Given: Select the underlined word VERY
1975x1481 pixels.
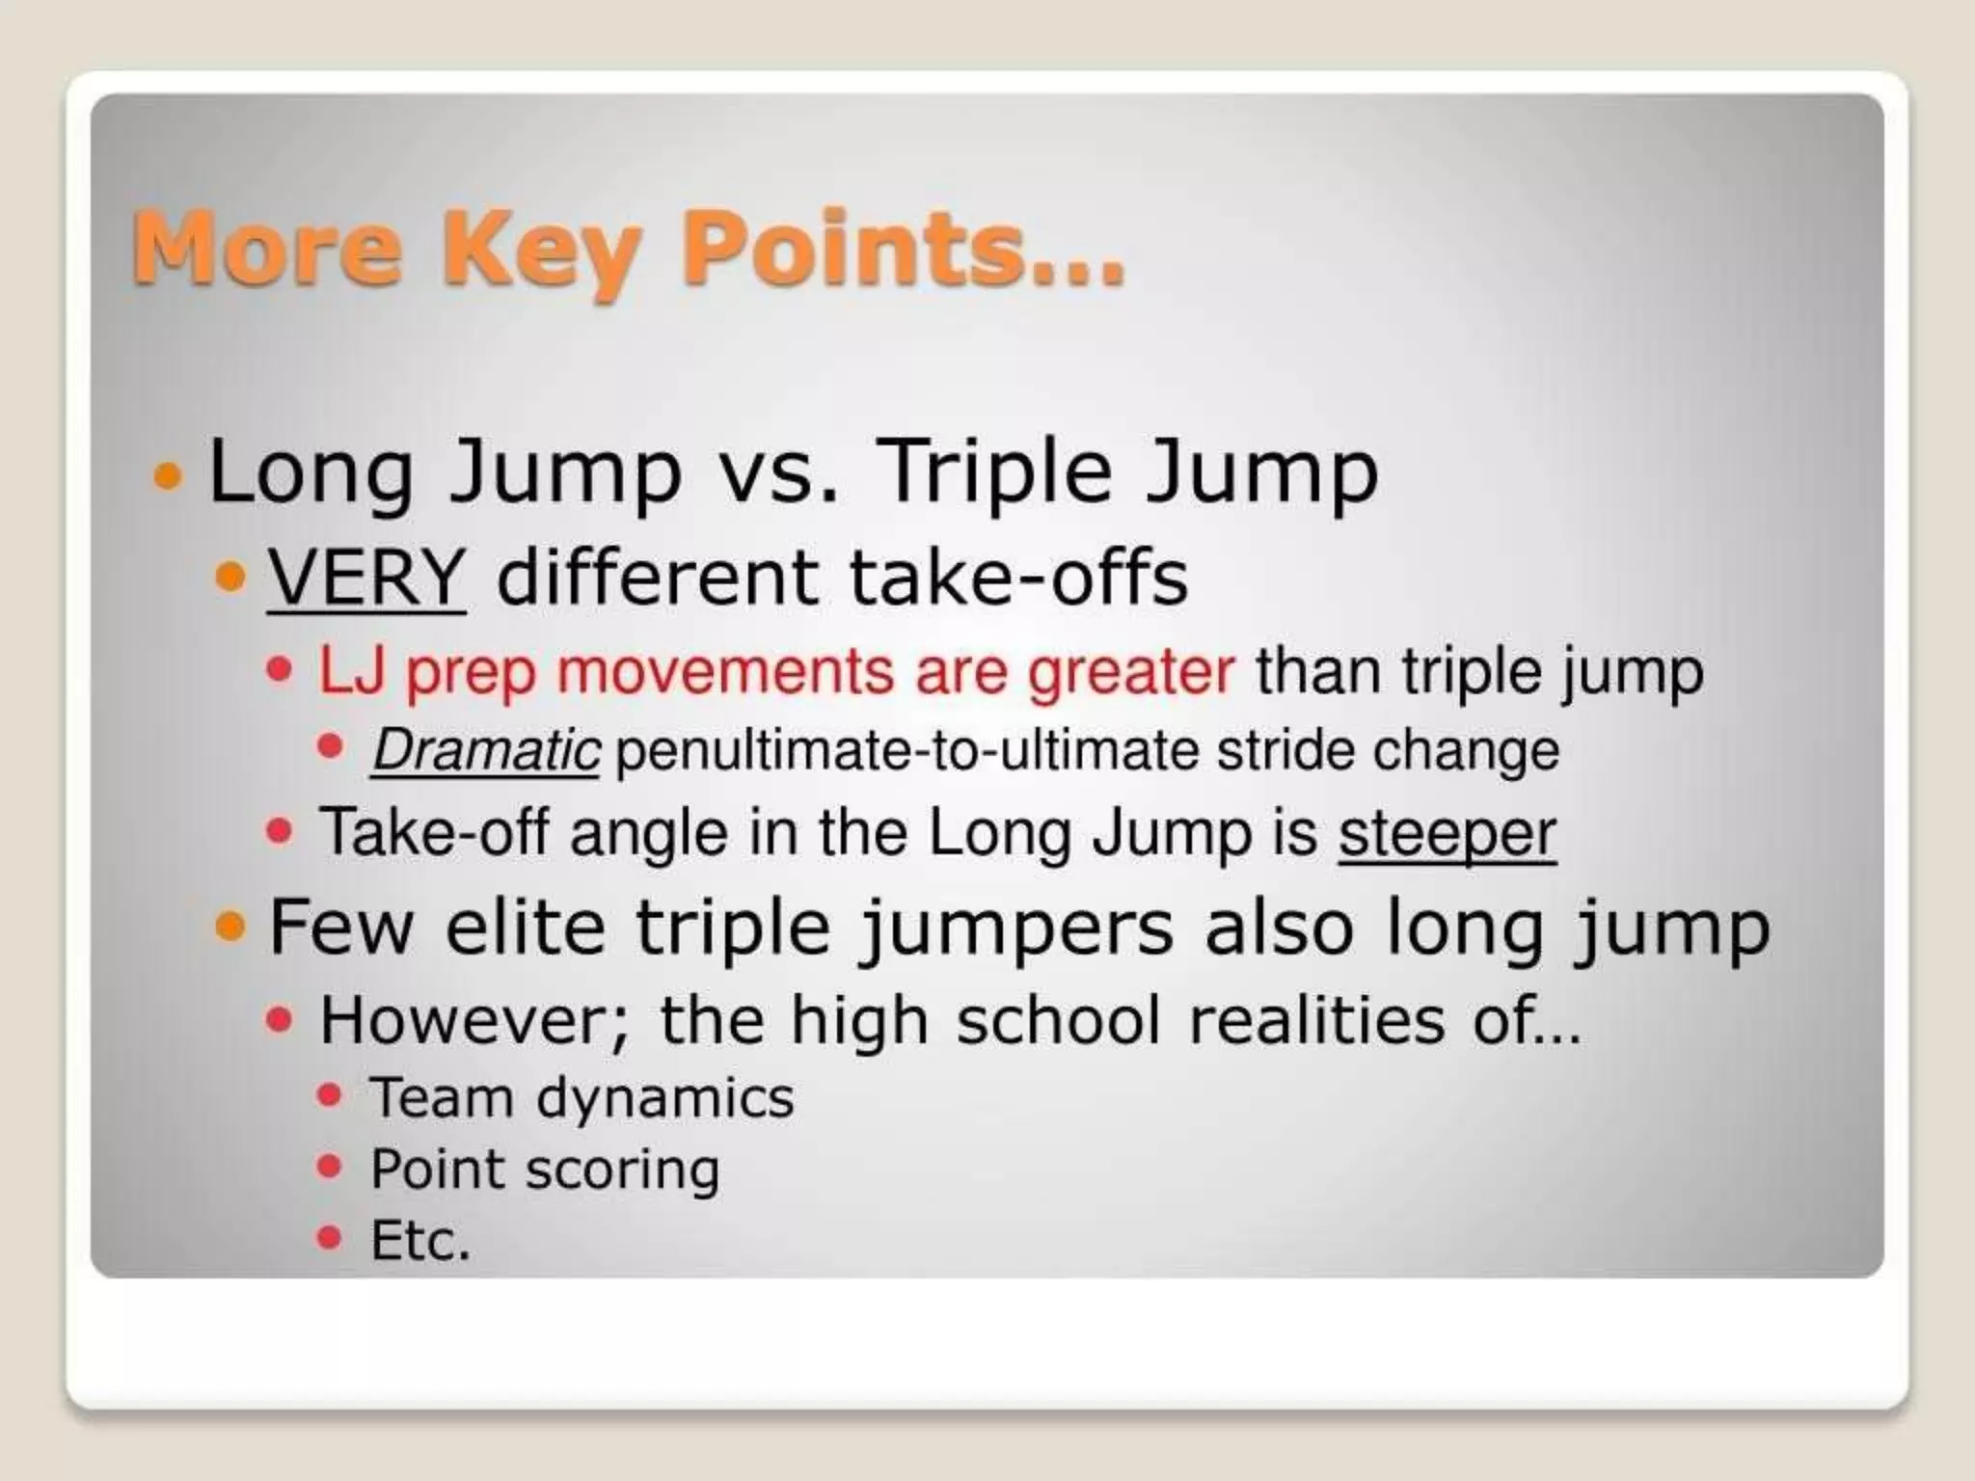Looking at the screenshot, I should pos(366,579).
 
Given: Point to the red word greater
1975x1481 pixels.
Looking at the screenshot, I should pos(1130,671).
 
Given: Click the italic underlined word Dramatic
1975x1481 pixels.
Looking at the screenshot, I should pos(486,751).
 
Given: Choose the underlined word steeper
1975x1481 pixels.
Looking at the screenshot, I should pos(1447,834).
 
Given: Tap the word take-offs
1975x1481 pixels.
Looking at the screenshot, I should pos(1017,579).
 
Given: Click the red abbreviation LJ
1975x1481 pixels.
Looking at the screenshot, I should pos(352,671).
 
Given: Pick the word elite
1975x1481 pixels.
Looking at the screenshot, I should pos(526,928).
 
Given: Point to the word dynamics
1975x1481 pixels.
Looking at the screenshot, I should pos(665,1098).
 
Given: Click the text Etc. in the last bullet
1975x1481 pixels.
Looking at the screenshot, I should pos(420,1241).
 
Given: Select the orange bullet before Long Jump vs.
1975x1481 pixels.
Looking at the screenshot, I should pos(168,475).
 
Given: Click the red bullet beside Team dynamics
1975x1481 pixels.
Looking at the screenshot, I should pos(330,1094).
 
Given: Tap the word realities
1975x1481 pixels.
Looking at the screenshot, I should pos(1316,1020).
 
